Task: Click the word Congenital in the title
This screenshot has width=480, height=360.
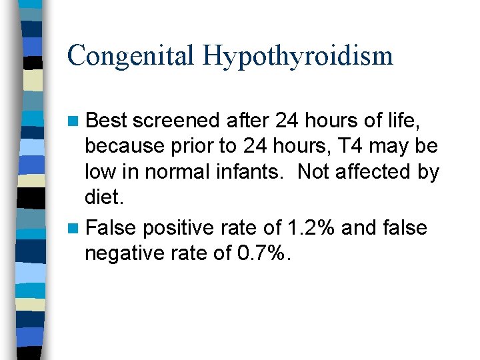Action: (131, 55)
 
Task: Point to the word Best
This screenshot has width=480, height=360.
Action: (107, 121)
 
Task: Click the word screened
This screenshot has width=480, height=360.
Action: (175, 121)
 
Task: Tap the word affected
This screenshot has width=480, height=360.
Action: (375, 172)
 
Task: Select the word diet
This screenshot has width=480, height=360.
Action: (103, 198)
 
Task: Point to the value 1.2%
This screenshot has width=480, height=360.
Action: (310, 228)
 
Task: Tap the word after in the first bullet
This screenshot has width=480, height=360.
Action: (247, 121)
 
